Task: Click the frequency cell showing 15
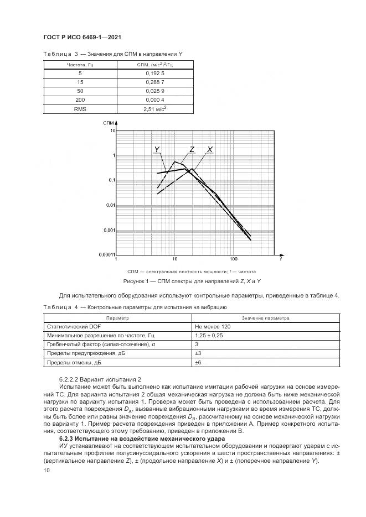click(80, 82)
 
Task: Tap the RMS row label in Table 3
click(80, 109)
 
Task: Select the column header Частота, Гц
click(80, 64)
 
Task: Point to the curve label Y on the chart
click(158, 150)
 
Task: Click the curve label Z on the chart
click(192, 149)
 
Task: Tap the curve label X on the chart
click(210, 149)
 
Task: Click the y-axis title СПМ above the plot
click(109, 121)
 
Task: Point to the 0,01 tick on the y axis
click(110, 205)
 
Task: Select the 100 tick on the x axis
click(233, 259)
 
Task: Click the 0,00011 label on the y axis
click(107, 255)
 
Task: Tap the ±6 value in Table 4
click(198, 363)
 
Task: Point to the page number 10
click(47, 469)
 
